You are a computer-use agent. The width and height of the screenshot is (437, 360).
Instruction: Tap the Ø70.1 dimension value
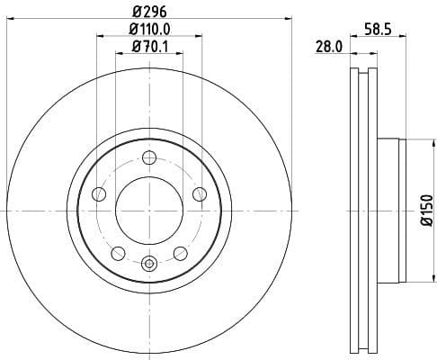point(149,46)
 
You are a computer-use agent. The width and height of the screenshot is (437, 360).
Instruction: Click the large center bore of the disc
point(149,209)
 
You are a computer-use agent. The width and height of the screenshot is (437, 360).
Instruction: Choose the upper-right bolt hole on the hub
point(199,193)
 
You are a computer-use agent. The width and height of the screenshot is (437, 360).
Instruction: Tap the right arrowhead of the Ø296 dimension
point(290,17)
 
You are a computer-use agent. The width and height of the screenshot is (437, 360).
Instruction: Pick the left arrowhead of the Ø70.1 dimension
point(119,55)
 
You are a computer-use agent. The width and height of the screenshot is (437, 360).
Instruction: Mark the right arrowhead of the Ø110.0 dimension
point(200,37)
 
